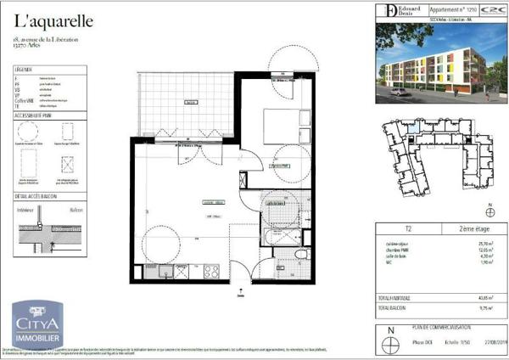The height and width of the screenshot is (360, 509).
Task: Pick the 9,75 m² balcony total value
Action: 484,308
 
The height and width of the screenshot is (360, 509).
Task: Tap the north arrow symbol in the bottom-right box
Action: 391,342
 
